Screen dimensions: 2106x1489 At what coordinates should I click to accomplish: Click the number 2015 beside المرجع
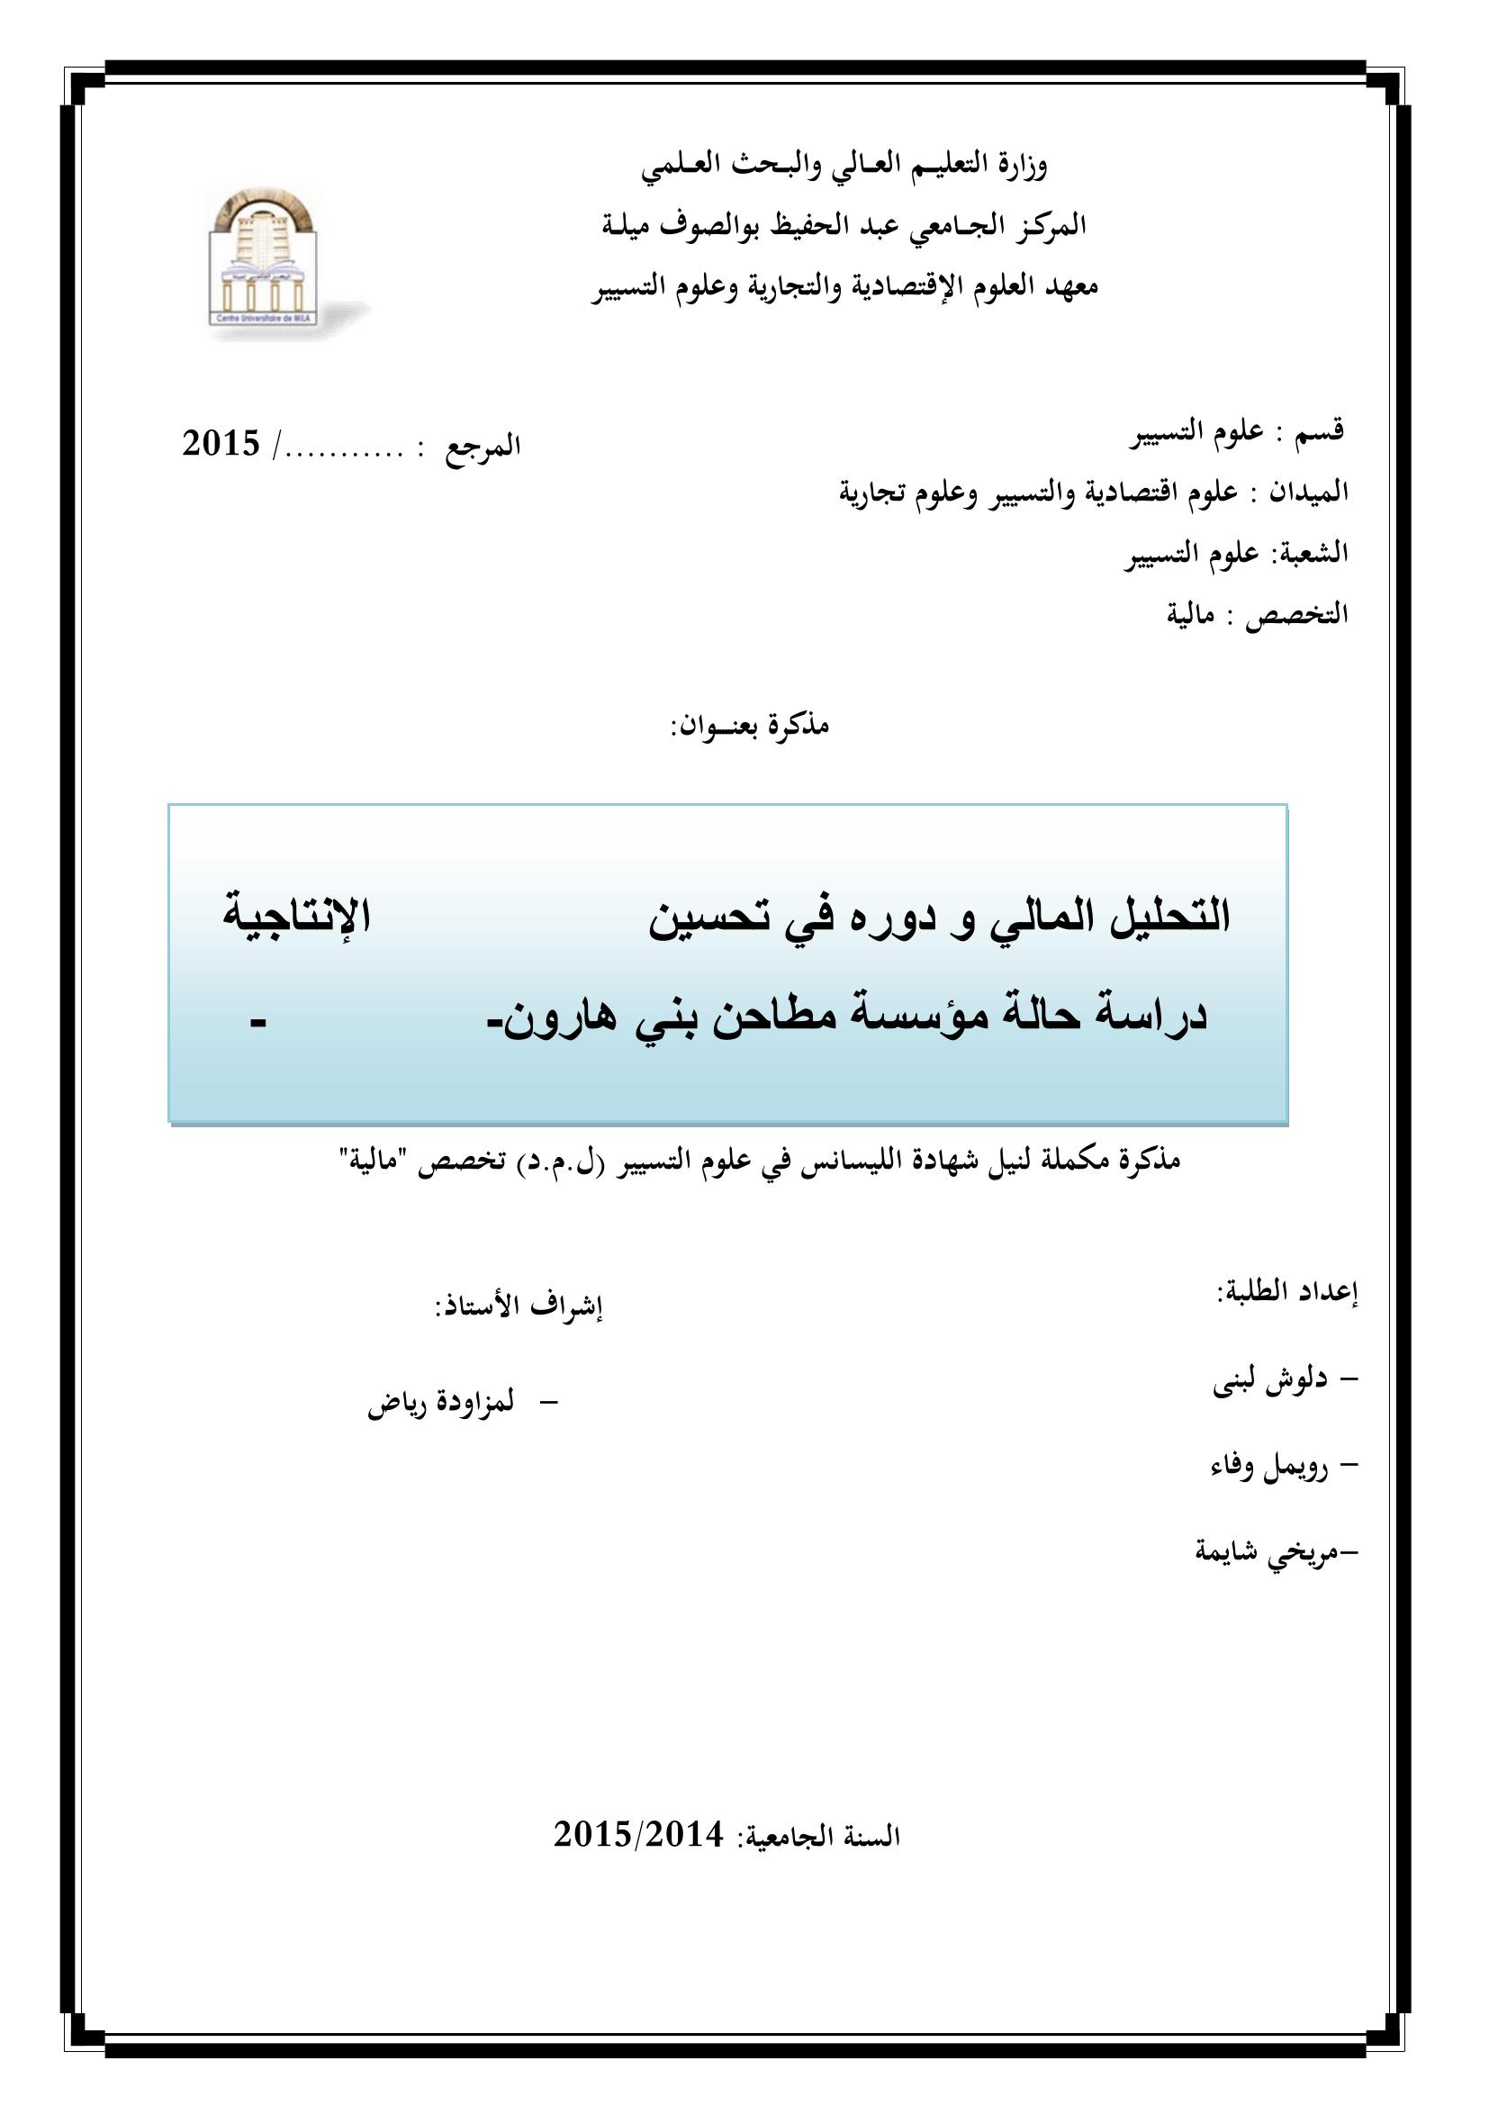(x=221, y=445)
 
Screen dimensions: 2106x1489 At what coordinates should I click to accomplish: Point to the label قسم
(x=1320, y=430)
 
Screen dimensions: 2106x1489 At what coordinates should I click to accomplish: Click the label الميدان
(x=1308, y=493)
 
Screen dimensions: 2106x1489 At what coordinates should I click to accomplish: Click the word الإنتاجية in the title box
(x=296, y=916)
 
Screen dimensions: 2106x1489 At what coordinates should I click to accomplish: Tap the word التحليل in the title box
(x=1170, y=916)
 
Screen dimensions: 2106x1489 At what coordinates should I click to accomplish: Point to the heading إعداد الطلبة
(x=1286, y=1292)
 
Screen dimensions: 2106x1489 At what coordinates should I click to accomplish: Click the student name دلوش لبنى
(x=1270, y=1382)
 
